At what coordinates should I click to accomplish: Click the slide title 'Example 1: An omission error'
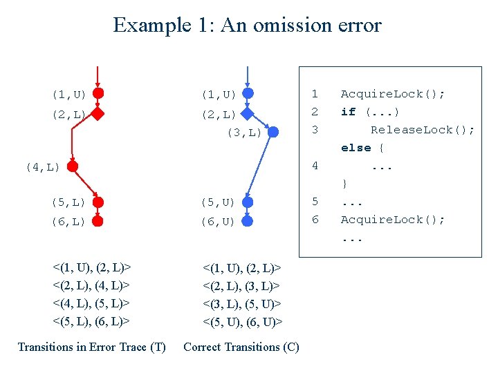click(248, 26)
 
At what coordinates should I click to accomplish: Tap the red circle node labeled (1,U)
click(98, 93)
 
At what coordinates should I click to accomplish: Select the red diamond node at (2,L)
click(98, 114)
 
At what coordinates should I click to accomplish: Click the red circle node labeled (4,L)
click(72, 166)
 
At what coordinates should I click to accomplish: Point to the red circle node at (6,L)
click(98, 221)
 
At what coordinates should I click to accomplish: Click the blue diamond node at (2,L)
click(248, 114)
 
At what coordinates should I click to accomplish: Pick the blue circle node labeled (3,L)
click(273, 132)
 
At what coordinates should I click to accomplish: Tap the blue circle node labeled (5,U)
click(248, 202)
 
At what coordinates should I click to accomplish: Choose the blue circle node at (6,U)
click(248, 221)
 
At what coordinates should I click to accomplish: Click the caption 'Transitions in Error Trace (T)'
click(91, 347)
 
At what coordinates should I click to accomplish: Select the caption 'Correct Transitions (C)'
click(241, 347)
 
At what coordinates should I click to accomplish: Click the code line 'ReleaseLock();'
click(423, 130)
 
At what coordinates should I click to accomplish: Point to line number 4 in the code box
click(315, 166)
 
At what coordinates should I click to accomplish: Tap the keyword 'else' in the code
click(356, 148)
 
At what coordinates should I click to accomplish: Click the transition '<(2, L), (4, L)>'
click(93, 285)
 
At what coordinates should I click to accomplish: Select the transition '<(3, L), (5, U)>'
click(242, 303)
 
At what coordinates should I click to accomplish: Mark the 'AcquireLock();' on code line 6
click(393, 220)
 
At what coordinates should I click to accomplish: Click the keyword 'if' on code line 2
click(348, 112)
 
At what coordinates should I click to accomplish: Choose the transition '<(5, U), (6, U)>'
click(243, 321)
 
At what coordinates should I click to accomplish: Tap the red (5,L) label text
click(68, 202)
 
